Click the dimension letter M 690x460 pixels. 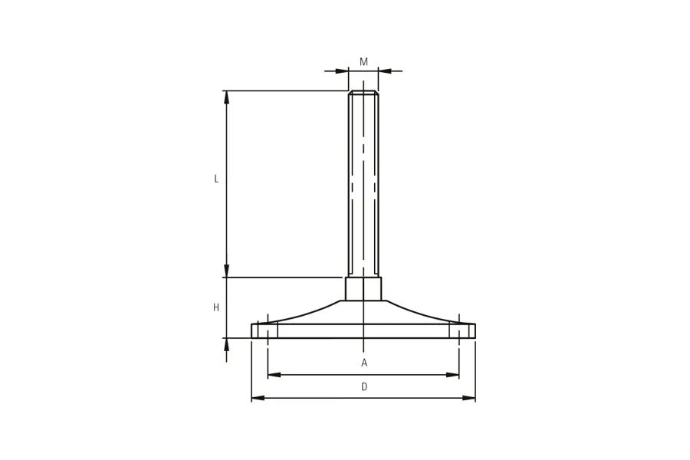(363, 62)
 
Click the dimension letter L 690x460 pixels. (216, 179)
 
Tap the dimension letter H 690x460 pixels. (216, 307)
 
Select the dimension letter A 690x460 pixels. (364, 363)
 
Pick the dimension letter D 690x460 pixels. (364, 387)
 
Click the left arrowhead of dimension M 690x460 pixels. (342, 71)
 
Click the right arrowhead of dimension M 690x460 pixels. (385, 71)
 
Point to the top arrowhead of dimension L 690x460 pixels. (227, 97)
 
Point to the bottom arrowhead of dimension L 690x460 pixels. (227, 271)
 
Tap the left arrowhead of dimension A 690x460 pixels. (274, 375)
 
